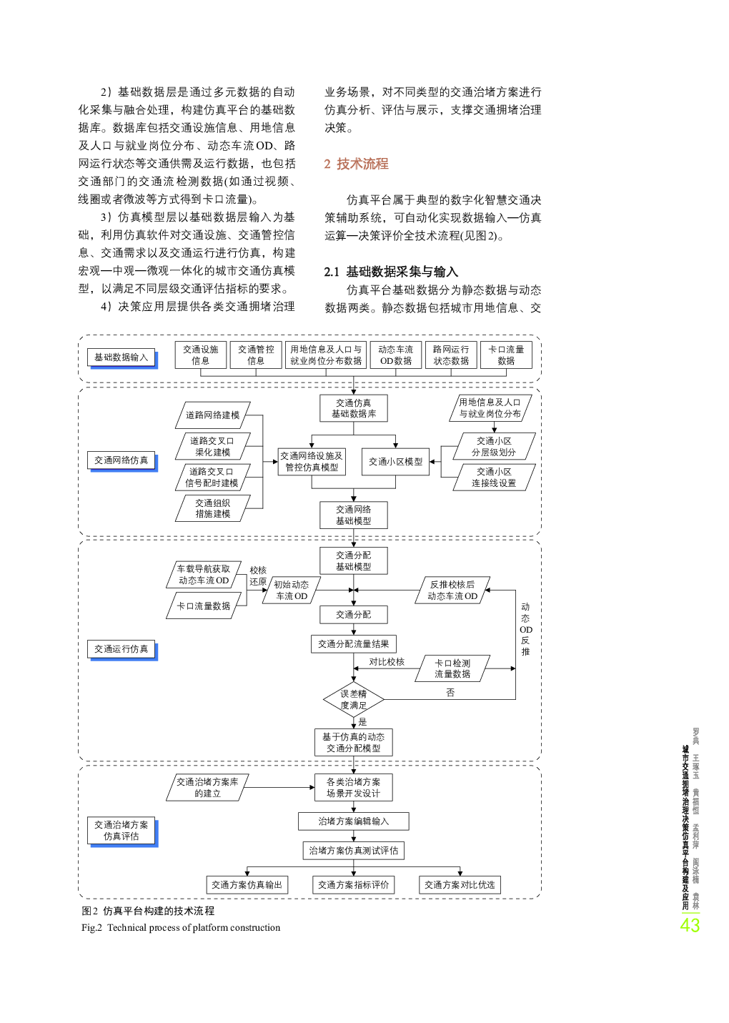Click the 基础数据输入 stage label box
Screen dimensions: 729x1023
(121, 357)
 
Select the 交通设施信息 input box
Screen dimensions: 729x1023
(200, 355)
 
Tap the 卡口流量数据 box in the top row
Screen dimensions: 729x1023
(506, 355)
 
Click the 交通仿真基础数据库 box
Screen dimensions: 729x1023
(353, 408)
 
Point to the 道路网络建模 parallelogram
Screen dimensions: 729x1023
(213, 415)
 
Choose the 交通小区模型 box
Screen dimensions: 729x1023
(395, 462)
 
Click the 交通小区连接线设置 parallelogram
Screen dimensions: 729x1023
(494, 478)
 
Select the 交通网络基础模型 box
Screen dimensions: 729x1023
(353, 515)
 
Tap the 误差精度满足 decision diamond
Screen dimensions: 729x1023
(353, 699)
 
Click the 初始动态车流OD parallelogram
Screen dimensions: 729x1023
(291, 590)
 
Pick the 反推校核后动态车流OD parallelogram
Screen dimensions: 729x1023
(452, 590)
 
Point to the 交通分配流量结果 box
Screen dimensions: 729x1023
(353, 644)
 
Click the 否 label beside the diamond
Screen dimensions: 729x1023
(450, 693)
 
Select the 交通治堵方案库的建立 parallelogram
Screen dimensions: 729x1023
(208, 787)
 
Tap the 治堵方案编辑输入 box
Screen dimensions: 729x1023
(353, 821)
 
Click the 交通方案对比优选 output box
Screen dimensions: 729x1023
(460, 884)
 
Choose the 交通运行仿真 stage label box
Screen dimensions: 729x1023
(121, 649)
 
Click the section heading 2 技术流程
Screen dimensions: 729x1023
(356, 164)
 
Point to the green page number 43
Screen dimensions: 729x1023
(689, 926)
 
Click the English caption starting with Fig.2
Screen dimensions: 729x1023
(181, 927)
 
